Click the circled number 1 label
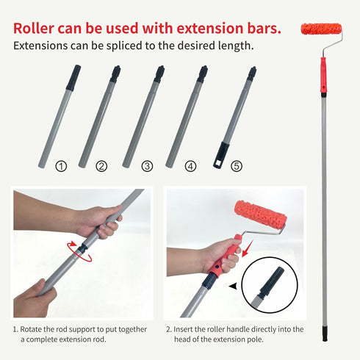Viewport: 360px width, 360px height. [x=61, y=167]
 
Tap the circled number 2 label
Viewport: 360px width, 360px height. [x=101, y=167]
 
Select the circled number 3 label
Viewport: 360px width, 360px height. [x=147, y=167]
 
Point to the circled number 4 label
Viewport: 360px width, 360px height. [x=191, y=167]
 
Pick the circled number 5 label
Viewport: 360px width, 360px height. [x=235, y=167]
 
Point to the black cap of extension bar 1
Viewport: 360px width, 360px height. [x=73, y=77]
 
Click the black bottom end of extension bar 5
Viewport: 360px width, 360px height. [x=221, y=156]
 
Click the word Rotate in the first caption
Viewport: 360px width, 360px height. [x=37, y=330]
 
